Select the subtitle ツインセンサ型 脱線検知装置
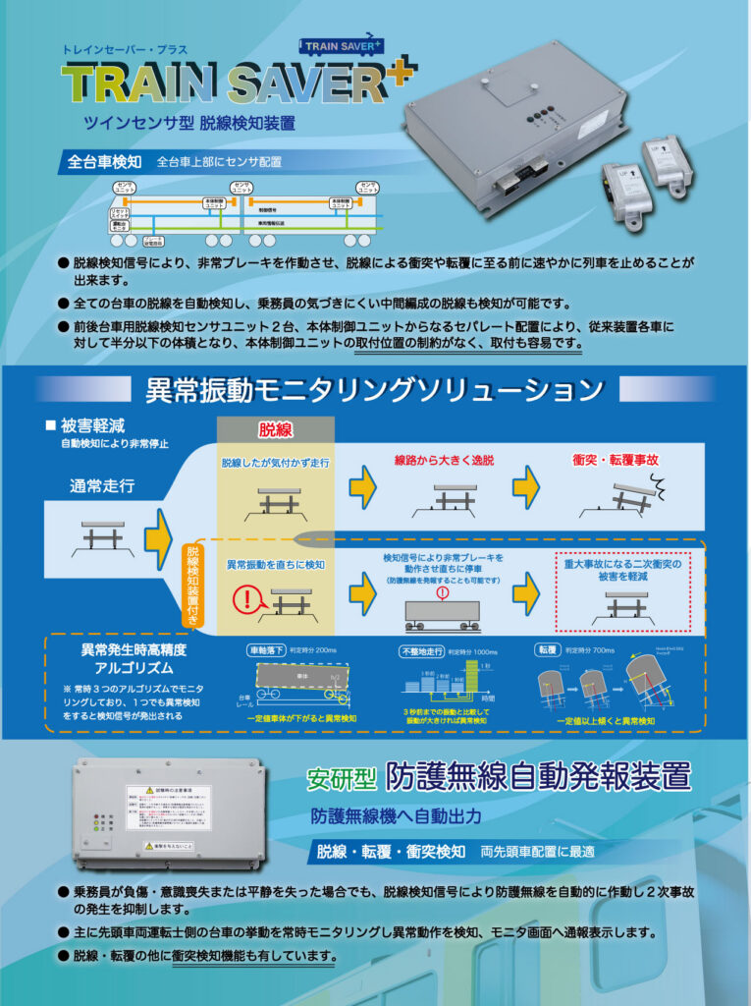coord(188,124)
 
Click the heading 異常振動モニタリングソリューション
coord(374,390)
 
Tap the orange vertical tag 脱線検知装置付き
coord(192,585)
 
